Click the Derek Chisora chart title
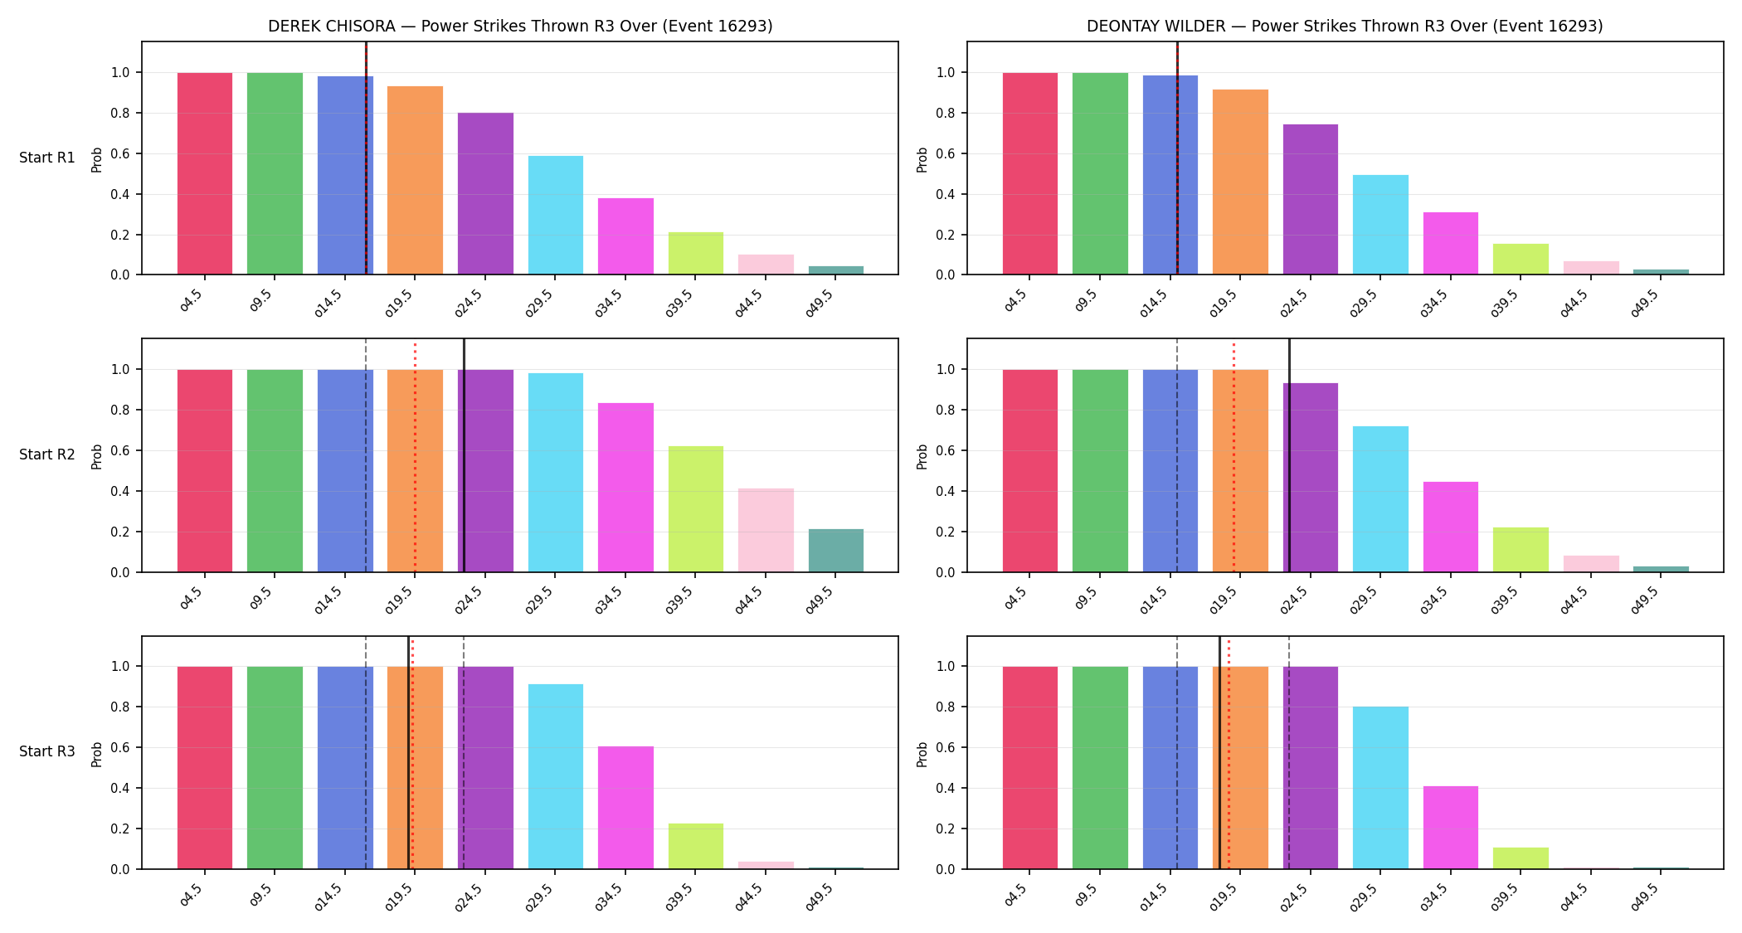(520, 26)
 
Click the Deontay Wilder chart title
(1345, 26)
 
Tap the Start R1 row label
(47, 158)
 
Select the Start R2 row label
(47, 454)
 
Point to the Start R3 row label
(47, 751)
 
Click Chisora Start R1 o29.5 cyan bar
(556, 215)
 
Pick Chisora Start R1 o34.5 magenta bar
(625, 236)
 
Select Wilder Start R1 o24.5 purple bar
(1311, 199)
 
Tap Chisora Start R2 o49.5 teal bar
(836, 551)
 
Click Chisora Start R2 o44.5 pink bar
(766, 530)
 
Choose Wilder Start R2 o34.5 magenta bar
(1451, 527)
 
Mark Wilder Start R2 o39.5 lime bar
(1521, 550)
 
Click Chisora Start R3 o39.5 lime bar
(696, 846)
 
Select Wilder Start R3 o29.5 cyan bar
(1380, 788)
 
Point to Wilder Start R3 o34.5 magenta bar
(1451, 828)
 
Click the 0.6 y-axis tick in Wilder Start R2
(946, 450)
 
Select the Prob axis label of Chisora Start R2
(97, 456)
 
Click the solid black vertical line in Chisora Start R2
(464, 455)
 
